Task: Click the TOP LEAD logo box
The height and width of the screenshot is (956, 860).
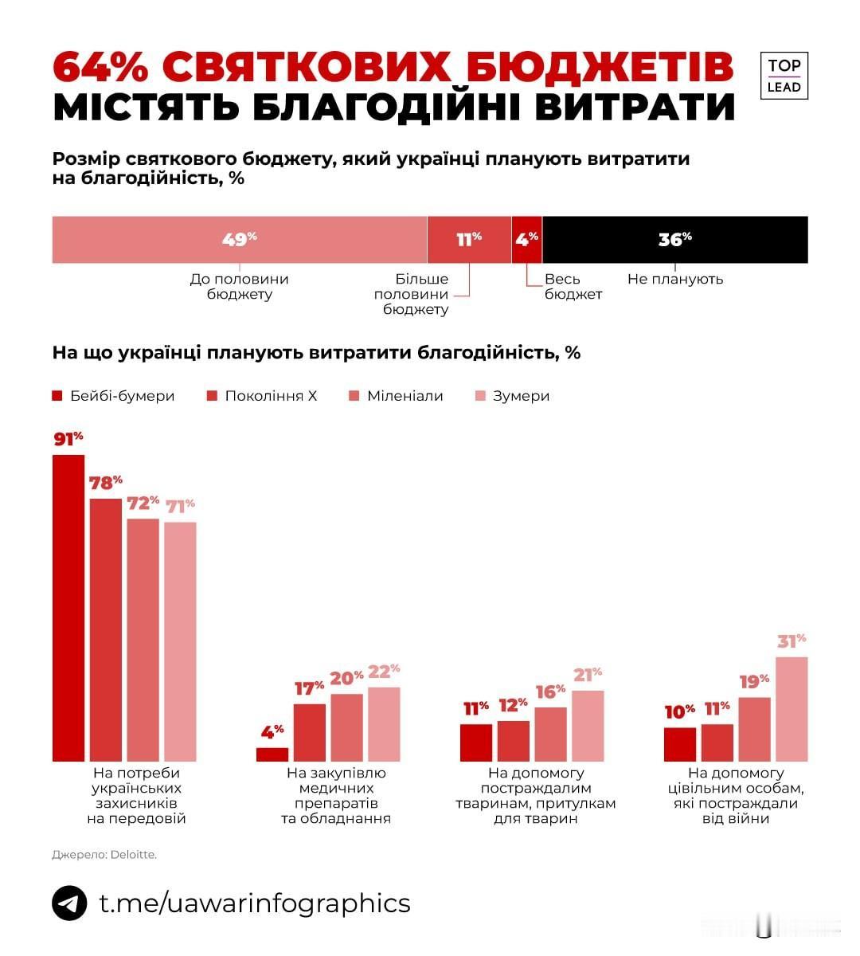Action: [x=784, y=76]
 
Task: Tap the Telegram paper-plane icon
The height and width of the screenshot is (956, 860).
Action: [x=69, y=903]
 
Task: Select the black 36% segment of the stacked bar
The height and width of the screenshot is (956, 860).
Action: [x=674, y=239]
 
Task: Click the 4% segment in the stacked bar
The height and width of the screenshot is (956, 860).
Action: [x=526, y=239]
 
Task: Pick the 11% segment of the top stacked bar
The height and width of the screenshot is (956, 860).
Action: [x=469, y=239]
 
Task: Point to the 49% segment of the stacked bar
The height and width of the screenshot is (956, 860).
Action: [x=239, y=239]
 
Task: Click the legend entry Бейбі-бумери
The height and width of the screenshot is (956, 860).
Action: [x=113, y=396]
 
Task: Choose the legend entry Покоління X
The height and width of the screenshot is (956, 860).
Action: [x=262, y=396]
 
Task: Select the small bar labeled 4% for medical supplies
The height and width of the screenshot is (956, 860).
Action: [x=272, y=754]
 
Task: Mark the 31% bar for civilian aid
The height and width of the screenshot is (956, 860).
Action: [x=792, y=709]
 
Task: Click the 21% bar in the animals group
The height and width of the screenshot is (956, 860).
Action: [x=588, y=725]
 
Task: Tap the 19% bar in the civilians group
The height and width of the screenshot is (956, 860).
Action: [x=754, y=729]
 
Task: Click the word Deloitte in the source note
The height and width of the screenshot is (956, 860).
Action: [x=134, y=855]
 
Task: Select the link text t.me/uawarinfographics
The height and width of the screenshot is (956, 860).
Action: [x=255, y=903]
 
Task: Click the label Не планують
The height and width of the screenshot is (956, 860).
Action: [x=675, y=279]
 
